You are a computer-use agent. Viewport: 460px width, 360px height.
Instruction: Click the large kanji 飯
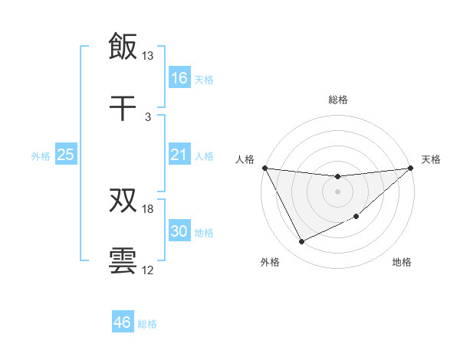tap(123, 47)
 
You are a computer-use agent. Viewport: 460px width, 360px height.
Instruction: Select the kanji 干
tap(123, 108)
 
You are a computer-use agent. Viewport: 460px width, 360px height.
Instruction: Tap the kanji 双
tap(123, 200)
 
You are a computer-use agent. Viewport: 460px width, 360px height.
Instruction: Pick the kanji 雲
tap(123, 261)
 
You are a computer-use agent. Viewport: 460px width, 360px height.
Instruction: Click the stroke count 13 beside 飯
tap(148, 56)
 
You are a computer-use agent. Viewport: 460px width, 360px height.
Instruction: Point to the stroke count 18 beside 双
tap(148, 209)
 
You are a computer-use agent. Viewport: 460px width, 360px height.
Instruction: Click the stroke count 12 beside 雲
tap(148, 270)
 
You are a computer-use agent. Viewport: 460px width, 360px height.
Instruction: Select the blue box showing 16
tap(179, 78)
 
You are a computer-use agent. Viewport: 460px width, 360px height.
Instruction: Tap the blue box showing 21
tap(179, 155)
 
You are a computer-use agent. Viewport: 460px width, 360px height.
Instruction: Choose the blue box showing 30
tap(179, 232)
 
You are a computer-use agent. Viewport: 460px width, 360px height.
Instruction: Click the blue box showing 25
tap(66, 155)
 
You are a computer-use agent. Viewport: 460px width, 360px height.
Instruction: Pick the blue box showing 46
tap(123, 322)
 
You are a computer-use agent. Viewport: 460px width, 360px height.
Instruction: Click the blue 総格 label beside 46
tap(147, 324)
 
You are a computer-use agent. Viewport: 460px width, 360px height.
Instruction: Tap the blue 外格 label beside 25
tap(41, 156)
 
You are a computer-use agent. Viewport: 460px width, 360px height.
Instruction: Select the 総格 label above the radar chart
tap(338, 100)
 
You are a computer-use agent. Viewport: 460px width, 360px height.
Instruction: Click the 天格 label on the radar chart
tap(431, 159)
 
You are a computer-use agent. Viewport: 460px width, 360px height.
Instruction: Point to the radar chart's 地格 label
tap(402, 263)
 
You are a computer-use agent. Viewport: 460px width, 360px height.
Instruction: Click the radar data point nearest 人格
tap(264, 168)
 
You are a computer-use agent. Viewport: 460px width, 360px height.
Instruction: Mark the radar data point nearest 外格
tap(301, 242)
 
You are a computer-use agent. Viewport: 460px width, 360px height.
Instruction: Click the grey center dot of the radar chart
tap(338, 191)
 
